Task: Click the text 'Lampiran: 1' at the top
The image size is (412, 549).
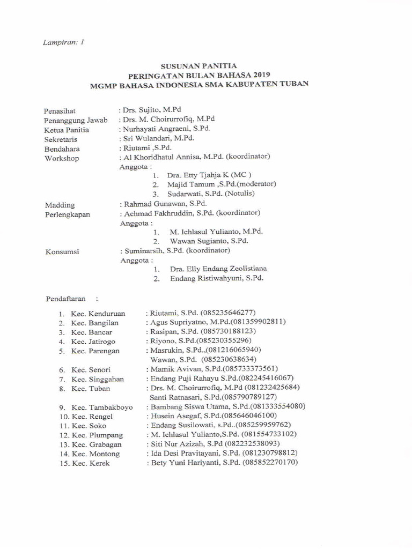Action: click(64, 43)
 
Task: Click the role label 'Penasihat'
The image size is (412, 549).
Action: click(60, 111)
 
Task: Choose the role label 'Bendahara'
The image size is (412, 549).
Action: click(61, 149)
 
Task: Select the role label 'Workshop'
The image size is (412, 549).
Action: click(62, 158)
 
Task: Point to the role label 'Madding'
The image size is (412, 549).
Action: click(60, 205)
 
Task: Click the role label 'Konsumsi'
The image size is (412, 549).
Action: click(62, 251)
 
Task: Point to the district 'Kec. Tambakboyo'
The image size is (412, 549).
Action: click(102, 407)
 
